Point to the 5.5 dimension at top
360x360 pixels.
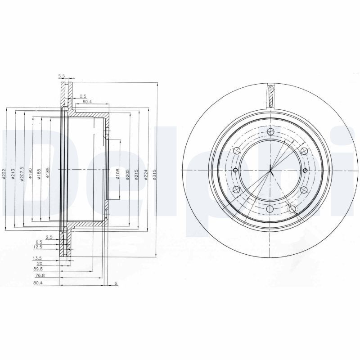coord(62,76)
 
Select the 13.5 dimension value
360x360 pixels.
coord(37,258)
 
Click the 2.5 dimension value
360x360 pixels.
coord(49,237)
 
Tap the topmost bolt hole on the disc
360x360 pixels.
coord(270,131)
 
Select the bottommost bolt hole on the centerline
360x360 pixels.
coord(270,209)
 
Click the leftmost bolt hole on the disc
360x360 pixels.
coord(236,170)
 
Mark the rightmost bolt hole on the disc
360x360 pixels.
coord(305,170)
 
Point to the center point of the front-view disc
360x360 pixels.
coord(270,170)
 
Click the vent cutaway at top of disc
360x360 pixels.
coord(270,95)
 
